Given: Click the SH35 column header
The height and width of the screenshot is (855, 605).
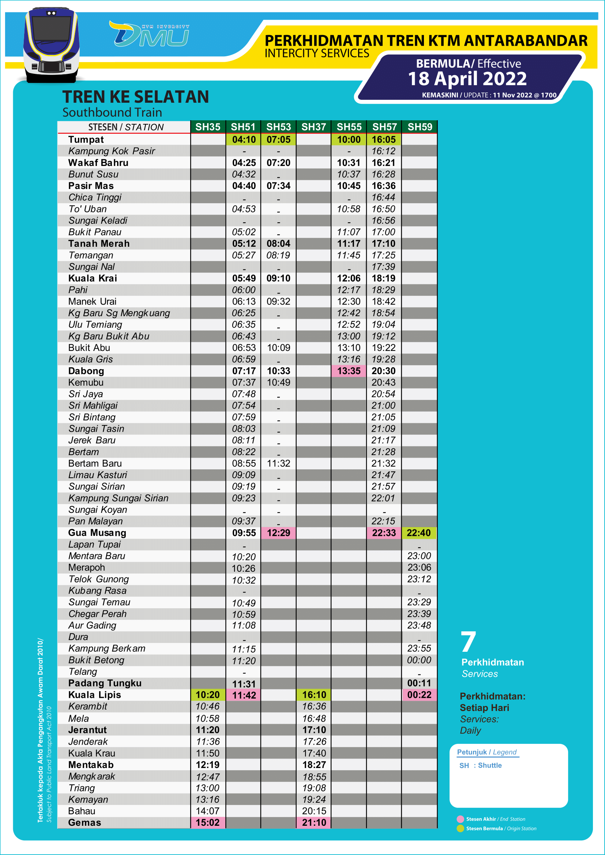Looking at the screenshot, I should pos(208,126).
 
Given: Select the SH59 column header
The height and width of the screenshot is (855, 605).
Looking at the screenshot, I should pos(420,126).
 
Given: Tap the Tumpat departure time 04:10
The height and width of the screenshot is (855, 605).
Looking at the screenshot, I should pos(244,140).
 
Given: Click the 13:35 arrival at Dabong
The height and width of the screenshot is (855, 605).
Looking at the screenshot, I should pos(349,371).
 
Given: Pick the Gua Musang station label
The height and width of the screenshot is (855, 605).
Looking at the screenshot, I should pos(97,533).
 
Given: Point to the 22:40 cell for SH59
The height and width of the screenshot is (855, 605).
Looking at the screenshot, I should pos(419,533).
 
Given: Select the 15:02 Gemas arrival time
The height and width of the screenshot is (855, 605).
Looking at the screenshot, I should pos(208,822).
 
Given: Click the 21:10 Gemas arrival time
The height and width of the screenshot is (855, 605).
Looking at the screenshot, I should pos(314,822).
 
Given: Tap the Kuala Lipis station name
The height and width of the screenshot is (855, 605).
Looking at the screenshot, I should pos(95,695).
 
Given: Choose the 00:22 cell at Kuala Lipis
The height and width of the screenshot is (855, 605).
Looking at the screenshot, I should pos(419,695).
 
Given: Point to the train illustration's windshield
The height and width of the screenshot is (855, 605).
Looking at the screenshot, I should pos(51,29).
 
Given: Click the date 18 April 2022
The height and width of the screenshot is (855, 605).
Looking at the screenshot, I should pos(467,79).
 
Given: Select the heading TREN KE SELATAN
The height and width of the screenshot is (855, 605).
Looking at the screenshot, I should pos(136,97).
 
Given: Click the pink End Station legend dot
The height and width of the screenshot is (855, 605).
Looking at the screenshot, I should pos(461,819).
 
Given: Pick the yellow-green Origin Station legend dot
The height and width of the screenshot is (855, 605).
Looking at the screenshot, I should pos(461,828).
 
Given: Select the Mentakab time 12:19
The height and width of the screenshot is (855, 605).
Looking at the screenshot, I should pos(208,765).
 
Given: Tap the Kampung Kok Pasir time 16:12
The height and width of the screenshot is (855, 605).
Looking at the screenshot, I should pos(383,151).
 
